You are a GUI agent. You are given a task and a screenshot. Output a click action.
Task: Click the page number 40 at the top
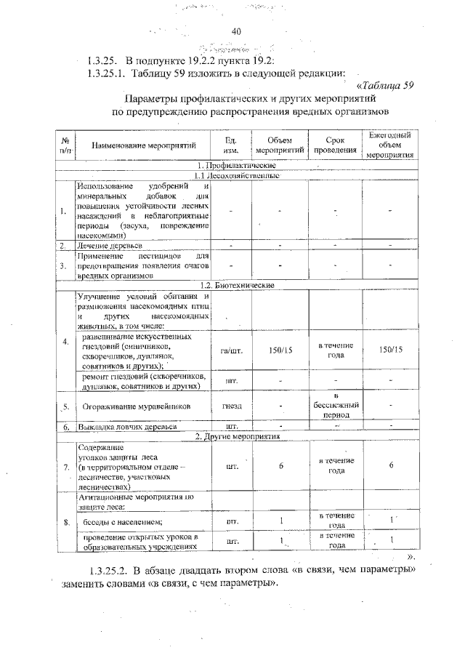(x=235, y=31)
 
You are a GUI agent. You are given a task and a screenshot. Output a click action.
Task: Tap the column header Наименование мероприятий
(x=143, y=145)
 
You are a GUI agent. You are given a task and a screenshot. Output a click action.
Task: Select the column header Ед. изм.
(x=231, y=145)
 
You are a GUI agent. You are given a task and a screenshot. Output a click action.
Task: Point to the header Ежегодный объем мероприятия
(x=390, y=145)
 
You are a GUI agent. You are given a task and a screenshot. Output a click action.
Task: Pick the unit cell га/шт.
(x=231, y=350)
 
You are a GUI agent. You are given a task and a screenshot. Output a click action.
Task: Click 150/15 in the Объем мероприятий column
(x=280, y=350)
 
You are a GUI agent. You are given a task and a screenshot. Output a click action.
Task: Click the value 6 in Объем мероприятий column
(x=280, y=466)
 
